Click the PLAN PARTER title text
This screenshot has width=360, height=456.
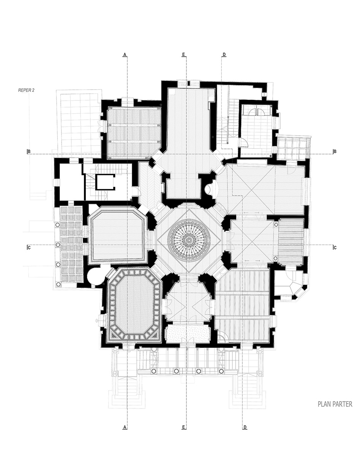pos(335,404)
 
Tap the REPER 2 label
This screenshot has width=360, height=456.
pos(27,90)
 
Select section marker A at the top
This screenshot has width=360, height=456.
pos(124,55)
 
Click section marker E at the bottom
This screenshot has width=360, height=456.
pos(183,427)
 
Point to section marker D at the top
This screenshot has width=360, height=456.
pos(224,55)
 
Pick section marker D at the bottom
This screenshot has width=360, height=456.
pos(245,427)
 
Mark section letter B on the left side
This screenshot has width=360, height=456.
pos(29,152)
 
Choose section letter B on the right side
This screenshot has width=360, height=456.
pos(335,152)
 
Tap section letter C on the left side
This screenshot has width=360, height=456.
pos(29,247)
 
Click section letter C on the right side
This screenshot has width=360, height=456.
pos(335,247)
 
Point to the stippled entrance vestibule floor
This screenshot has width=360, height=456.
pos(188,333)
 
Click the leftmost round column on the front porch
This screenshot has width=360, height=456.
pos(154,371)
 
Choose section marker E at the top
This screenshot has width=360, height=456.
pos(183,55)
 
